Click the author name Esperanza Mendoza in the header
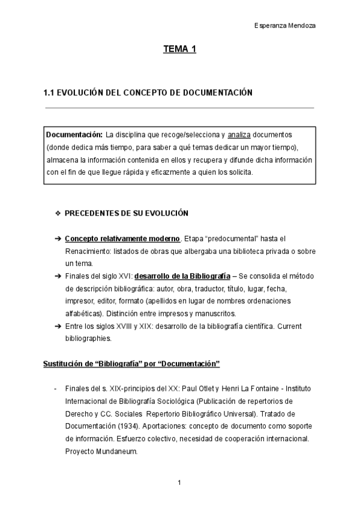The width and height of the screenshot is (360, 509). tap(286, 26)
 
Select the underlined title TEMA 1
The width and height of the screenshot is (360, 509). tap(180, 50)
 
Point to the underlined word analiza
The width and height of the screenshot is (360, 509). tap(239, 134)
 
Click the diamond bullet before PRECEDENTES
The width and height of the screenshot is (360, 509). tap(58, 213)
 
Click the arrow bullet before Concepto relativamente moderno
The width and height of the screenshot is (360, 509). tap(58, 238)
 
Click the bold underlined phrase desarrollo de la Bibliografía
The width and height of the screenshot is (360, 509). tap(182, 276)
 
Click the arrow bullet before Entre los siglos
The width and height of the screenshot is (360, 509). tap(58, 327)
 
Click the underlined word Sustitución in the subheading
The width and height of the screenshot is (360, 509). tap(61, 364)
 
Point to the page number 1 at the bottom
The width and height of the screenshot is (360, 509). tap(179, 482)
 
